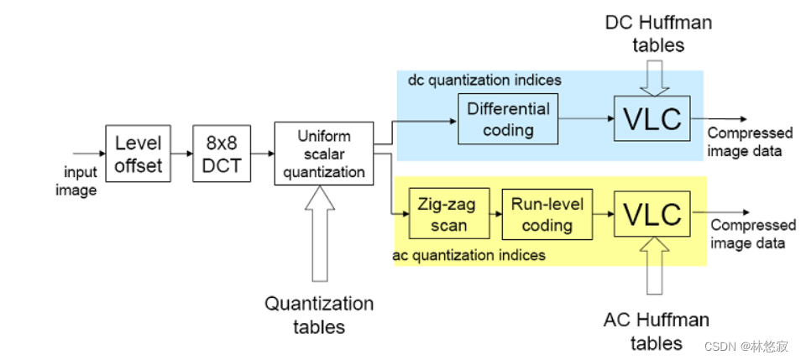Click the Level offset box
(138, 153)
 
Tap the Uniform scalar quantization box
(323, 154)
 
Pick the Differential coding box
(507, 118)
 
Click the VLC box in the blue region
(652, 119)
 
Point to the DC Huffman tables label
(658, 33)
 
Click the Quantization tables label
(319, 315)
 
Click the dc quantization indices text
(484, 81)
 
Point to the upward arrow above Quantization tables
(322, 234)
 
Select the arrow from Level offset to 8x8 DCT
(180, 154)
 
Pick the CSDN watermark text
(747, 346)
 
